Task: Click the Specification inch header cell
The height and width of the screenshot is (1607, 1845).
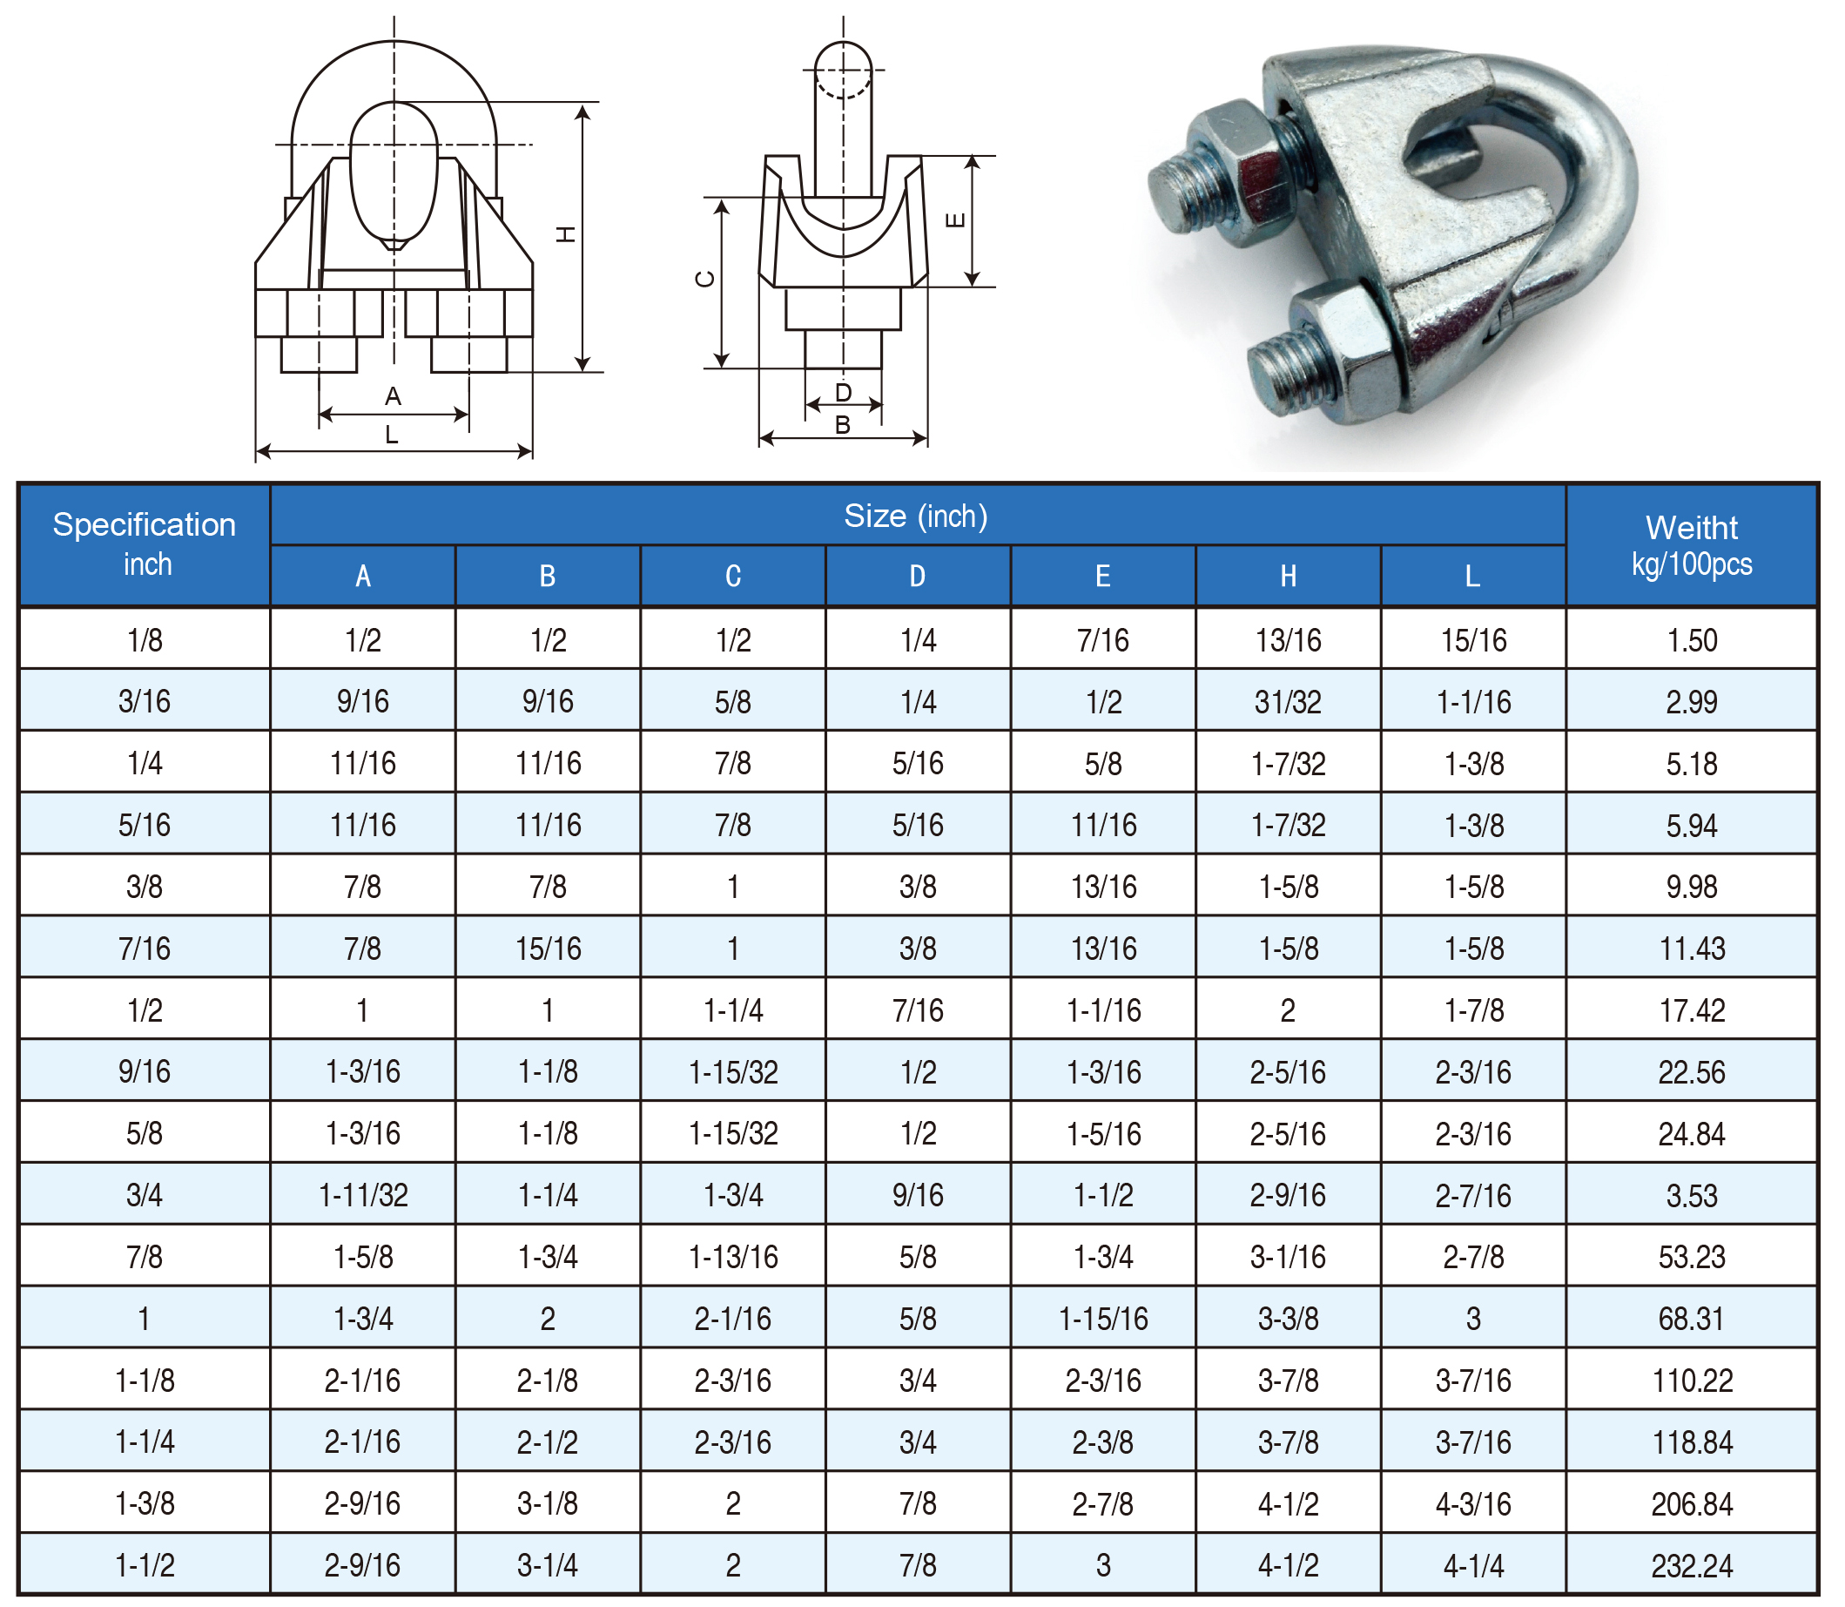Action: point(145,544)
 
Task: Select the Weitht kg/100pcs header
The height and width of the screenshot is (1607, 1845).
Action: point(1691,544)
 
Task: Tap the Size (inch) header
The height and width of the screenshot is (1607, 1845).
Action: point(916,516)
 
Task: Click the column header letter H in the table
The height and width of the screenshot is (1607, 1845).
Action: point(1288,576)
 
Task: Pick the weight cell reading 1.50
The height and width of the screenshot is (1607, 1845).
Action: point(1692,640)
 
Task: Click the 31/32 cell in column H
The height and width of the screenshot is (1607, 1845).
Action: point(1288,702)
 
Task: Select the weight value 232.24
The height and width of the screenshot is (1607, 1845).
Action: point(1692,1566)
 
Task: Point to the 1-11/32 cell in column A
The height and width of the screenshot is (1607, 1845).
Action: point(363,1195)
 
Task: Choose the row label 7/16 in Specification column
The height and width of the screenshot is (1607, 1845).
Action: point(145,949)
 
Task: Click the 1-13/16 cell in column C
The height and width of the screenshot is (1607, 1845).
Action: point(733,1257)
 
